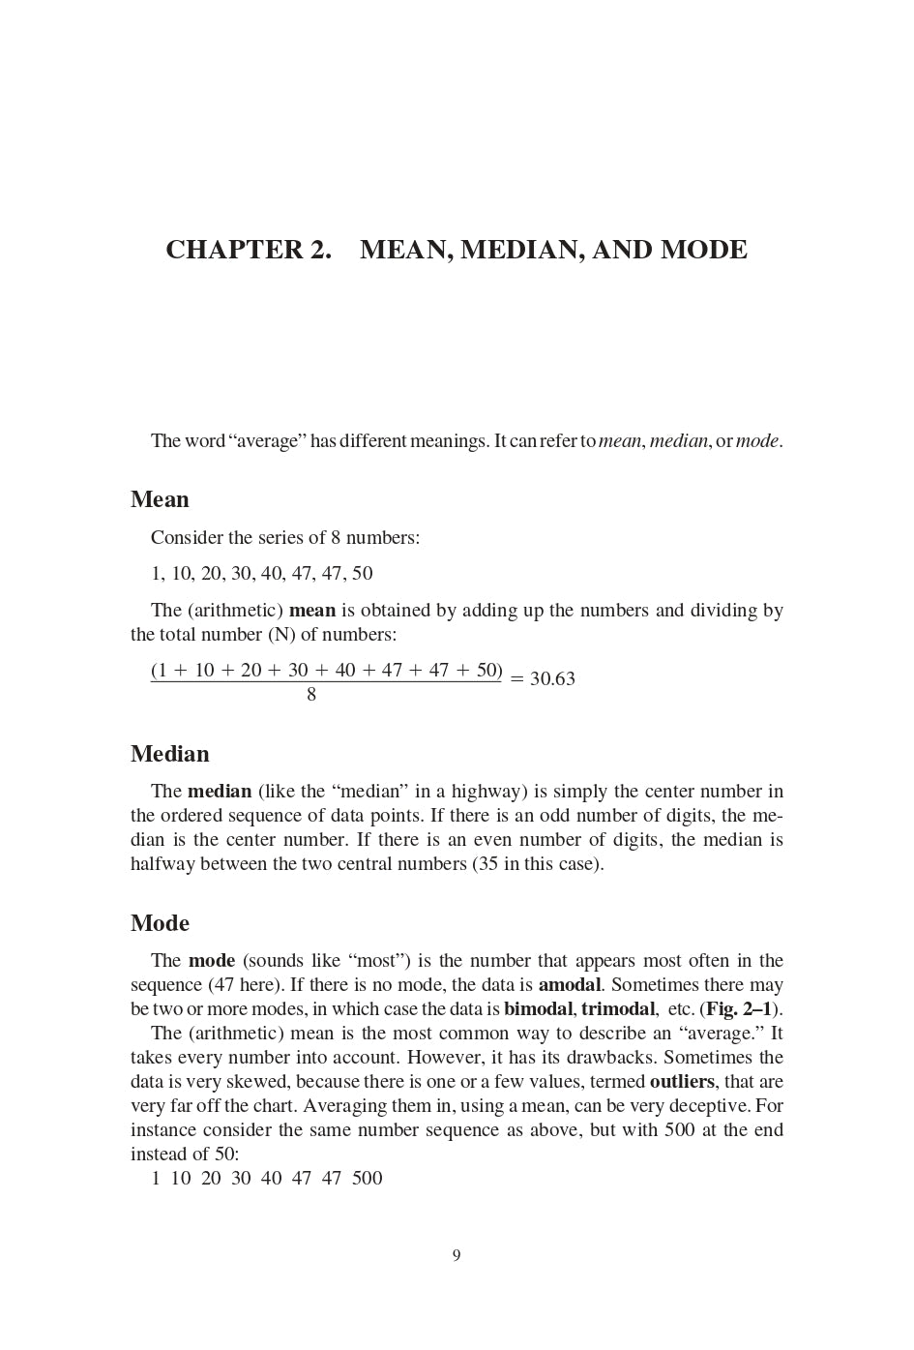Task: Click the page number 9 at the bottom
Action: coord(457,1256)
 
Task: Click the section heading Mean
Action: coord(160,499)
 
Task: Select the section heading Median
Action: coord(169,754)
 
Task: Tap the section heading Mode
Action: coord(160,923)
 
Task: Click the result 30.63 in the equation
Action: coord(552,679)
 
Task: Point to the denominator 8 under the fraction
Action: coord(311,695)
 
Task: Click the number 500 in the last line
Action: coord(368,1179)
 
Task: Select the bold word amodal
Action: coord(570,985)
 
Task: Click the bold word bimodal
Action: coord(538,1009)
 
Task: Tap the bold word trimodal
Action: coord(618,1009)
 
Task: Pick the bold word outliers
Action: coord(682,1082)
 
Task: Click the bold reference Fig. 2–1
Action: coord(738,1009)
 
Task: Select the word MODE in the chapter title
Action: coord(703,250)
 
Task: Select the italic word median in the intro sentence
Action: coord(679,441)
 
